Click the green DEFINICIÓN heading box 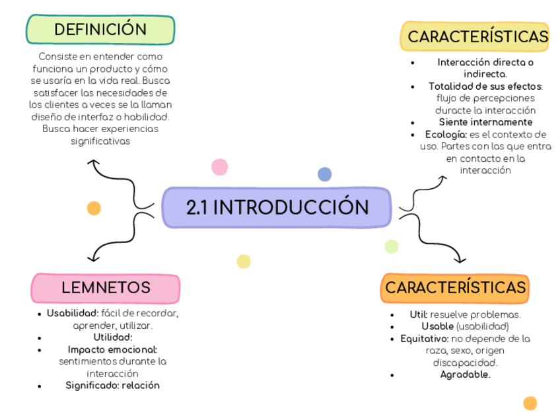[x=100, y=30]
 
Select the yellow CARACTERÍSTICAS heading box [x=475, y=37]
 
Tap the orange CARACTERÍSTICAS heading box [x=455, y=288]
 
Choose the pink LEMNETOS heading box [x=106, y=288]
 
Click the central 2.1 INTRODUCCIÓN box [x=277, y=207]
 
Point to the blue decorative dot [x=324, y=174]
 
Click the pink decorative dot [x=219, y=166]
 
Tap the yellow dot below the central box [x=244, y=262]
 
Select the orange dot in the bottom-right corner [x=530, y=403]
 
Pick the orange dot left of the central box [x=94, y=208]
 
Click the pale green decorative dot [x=392, y=246]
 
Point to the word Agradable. [x=465, y=374]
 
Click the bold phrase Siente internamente [x=485, y=122]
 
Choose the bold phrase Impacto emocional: [x=112, y=349]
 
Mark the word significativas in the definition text [x=100, y=141]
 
